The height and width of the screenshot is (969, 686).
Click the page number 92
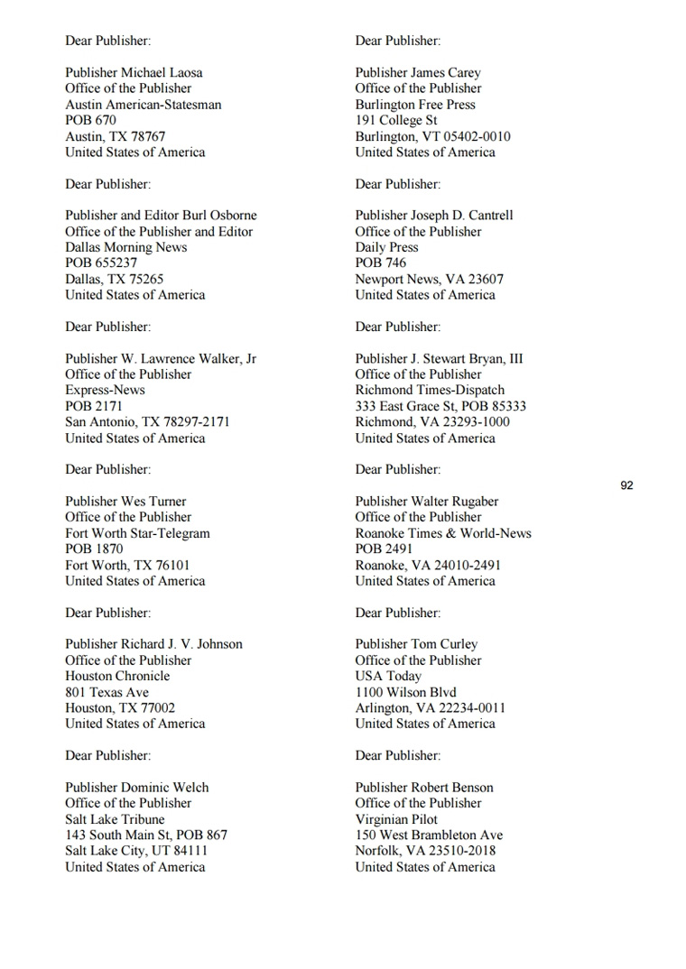pyautogui.click(x=626, y=485)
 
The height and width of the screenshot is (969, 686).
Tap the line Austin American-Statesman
pyautogui.click(x=143, y=105)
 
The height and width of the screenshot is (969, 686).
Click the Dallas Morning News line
pyautogui.click(x=125, y=247)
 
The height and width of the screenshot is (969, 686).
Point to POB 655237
pyautogui.click(x=101, y=263)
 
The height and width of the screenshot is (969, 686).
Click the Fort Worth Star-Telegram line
pyautogui.click(x=137, y=533)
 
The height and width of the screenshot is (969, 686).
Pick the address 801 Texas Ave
pyautogui.click(x=107, y=692)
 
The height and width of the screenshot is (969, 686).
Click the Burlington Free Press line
pyautogui.click(x=415, y=105)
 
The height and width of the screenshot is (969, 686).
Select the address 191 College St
pyautogui.click(x=396, y=120)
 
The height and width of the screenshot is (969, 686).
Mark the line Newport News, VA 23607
pyautogui.click(x=429, y=280)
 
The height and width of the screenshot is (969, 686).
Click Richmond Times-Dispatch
pyautogui.click(x=430, y=390)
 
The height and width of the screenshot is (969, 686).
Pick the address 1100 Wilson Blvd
pyautogui.click(x=405, y=692)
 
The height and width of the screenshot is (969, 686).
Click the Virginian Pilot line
pyautogui.click(x=396, y=819)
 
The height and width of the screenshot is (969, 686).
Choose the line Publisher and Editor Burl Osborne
pyautogui.click(x=161, y=216)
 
